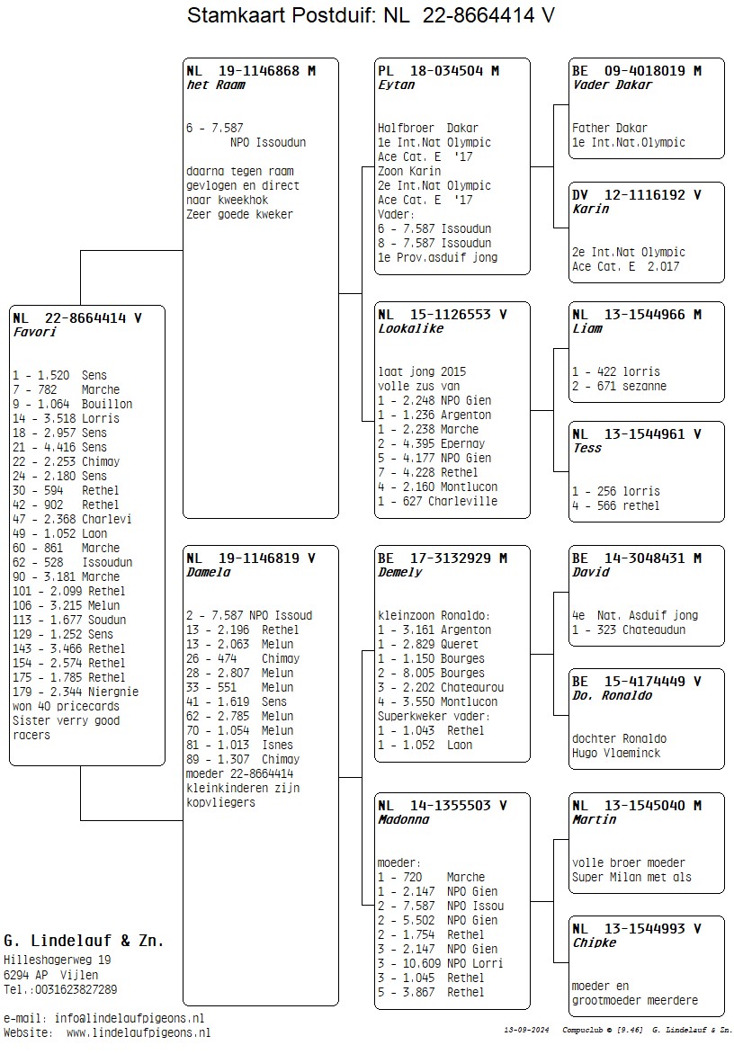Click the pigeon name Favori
click(x=35, y=332)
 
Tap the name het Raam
click(x=216, y=85)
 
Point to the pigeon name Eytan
click(x=397, y=85)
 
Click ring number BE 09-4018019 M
click(x=637, y=70)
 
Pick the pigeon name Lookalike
click(x=411, y=328)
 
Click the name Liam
click(x=587, y=328)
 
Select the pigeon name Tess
click(x=587, y=448)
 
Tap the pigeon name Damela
click(x=209, y=572)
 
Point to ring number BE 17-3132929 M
click(x=443, y=558)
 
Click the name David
click(x=591, y=572)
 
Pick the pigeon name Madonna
click(x=404, y=819)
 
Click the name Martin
click(x=595, y=819)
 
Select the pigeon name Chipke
click(x=595, y=942)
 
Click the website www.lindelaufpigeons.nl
click(x=138, y=1032)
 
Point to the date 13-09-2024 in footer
click(x=525, y=1029)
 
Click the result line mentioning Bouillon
click(x=72, y=404)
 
